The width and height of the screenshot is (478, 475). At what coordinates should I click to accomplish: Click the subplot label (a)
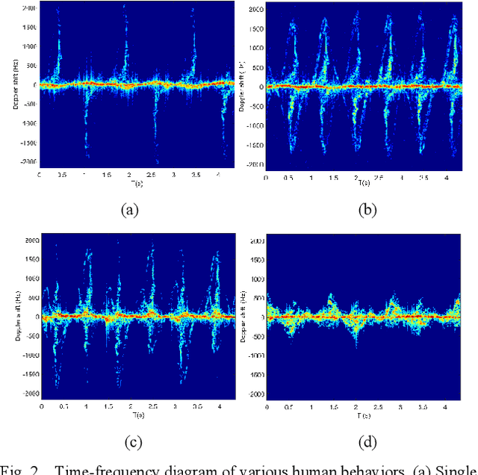point(130,211)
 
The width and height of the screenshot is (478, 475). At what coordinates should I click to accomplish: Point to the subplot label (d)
point(368,441)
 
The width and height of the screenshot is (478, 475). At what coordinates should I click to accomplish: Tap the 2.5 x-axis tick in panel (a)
point(152,175)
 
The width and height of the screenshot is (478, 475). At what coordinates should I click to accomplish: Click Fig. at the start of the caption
point(13,469)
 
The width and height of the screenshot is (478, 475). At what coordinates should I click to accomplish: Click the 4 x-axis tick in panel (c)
point(219,407)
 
